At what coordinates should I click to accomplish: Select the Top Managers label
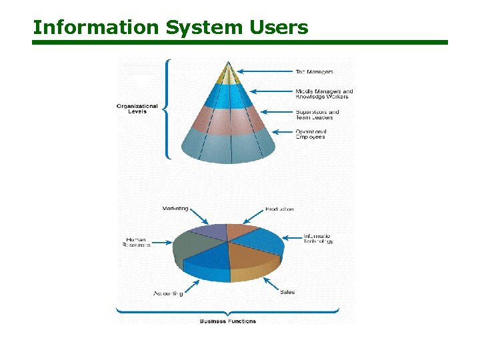[x=315, y=71]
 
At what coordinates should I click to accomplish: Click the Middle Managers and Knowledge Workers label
[x=324, y=94]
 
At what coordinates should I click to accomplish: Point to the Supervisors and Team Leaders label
[x=317, y=115]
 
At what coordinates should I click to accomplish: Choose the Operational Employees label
[x=311, y=134]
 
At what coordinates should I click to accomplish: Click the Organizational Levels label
[x=137, y=109]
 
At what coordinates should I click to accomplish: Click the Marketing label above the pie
[x=175, y=209]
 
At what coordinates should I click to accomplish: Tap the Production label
[x=279, y=209]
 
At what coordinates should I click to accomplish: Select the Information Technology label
[x=318, y=239]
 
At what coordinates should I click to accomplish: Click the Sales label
[x=287, y=292]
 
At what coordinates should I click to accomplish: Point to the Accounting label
[x=168, y=293]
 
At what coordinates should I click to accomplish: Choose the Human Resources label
[x=137, y=242]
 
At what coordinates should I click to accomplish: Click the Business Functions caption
[x=228, y=321]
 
